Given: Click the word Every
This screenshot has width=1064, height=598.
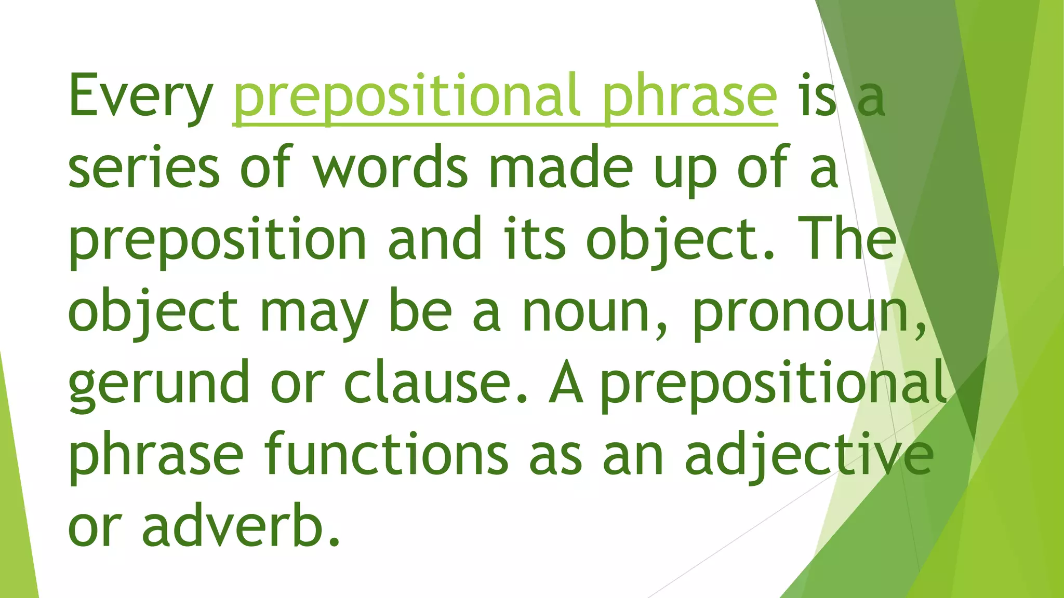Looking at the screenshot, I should pyautogui.click(x=140, y=98).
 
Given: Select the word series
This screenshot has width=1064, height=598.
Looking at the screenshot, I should pyautogui.click(x=144, y=169).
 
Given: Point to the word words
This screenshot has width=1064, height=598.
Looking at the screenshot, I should pyautogui.click(x=391, y=169).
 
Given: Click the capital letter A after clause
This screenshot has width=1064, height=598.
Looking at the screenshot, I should pyautogui.click(x=566, y=383).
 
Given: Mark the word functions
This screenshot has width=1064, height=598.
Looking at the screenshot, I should pyautogui.click(x=387, y=454).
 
